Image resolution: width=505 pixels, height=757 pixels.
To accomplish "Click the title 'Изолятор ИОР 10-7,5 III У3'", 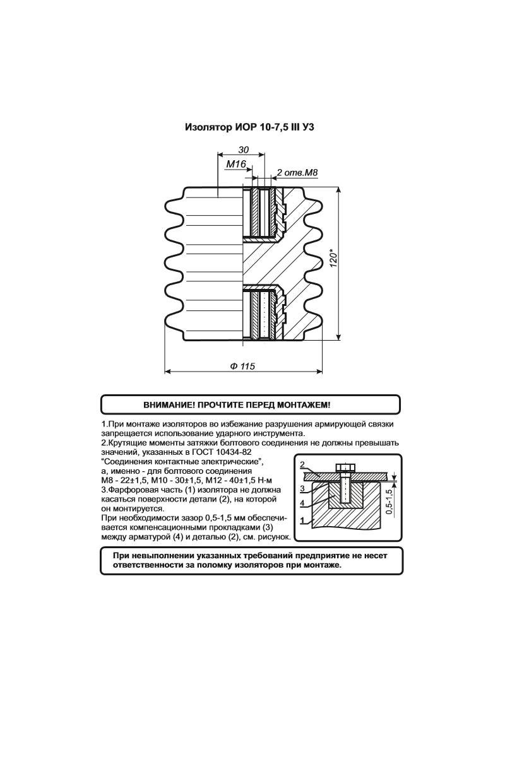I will (249, 128).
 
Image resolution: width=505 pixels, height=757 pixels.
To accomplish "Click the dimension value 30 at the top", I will (243, 150).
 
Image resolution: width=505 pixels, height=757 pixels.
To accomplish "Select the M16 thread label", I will (235, 164).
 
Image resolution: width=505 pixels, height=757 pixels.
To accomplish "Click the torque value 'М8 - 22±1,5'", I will (122, 481).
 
